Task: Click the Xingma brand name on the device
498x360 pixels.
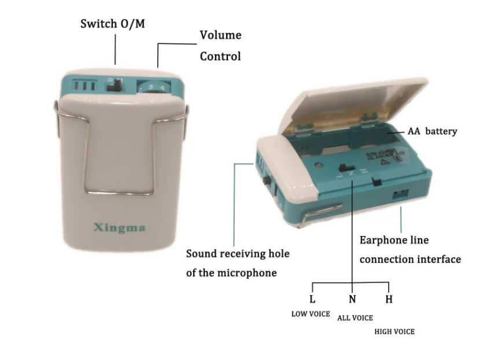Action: (x=120, y=227)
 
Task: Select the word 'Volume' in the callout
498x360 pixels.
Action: (x=220, y=35)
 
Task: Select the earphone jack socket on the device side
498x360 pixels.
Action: (x=398, y=194)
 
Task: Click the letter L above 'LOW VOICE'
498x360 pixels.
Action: (x=312, y=300)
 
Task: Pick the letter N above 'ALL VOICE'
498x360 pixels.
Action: (x=352, y=300)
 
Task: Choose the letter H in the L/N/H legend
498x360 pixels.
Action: (x=389, y=300)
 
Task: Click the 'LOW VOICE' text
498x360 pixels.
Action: (x=310, y=314)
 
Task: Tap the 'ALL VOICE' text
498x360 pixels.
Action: (x=355, y=318)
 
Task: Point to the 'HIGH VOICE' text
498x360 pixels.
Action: (x=394, y=332)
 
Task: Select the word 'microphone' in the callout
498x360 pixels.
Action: (x=248, y=273)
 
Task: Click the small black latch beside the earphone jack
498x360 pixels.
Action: (x=377, y=182)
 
